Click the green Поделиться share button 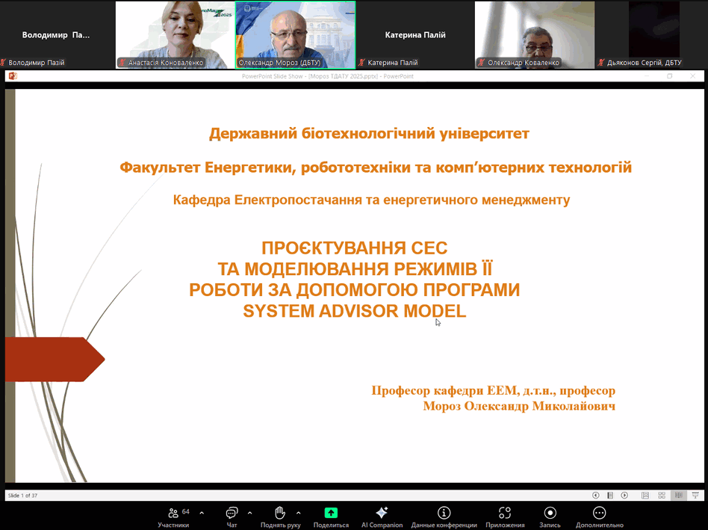(331, 512)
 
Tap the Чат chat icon (232, 512)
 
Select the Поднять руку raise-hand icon (280, 512)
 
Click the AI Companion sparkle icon (382, 512)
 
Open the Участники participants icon (173, 513)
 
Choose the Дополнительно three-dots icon (599, 512)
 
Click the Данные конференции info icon (444, 512)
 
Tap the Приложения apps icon (505, 512)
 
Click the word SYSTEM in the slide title (279, 311)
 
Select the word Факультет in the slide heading (160, 167)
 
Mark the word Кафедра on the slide (202, 200)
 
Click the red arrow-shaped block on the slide (55, 360)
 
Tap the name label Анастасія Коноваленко (165, 63)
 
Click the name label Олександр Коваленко (524, 63)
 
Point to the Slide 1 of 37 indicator (22, 496)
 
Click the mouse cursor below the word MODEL (438, 322)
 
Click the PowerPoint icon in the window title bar (13, 76)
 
